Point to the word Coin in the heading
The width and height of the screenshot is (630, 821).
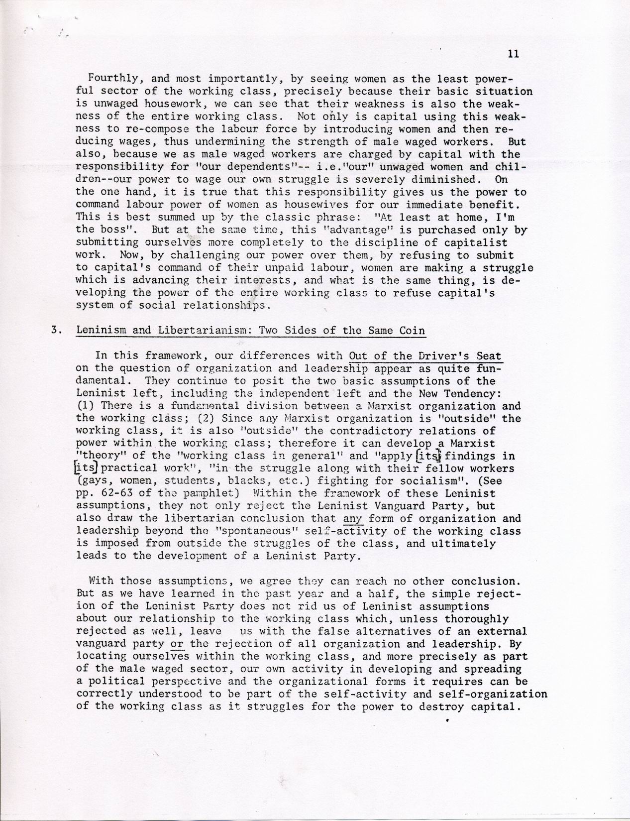(413, 332)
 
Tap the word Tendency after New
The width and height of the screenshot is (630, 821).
(470, 394)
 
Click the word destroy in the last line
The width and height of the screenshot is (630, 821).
(427, 707)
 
